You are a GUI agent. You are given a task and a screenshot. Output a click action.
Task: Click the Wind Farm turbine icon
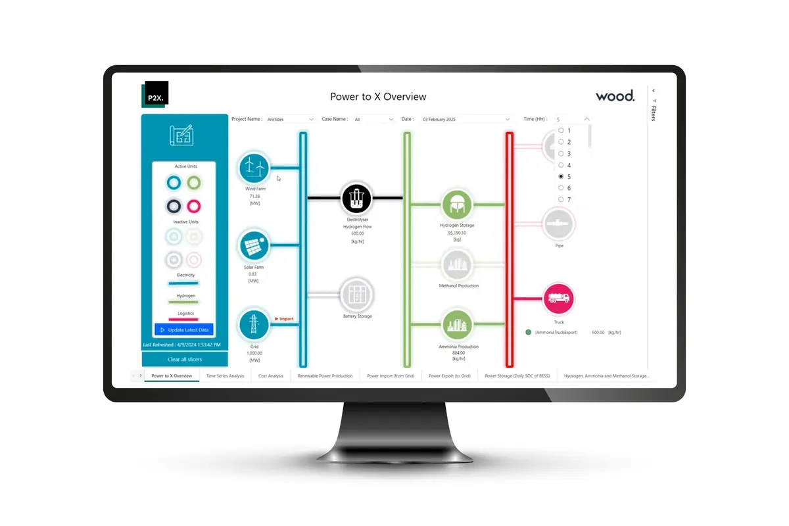(254, 168)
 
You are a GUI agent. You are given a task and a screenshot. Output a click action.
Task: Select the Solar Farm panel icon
(254, 246)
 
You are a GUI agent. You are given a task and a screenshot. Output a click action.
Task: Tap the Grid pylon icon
(254, 325)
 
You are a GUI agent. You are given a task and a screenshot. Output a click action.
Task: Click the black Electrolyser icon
(357, 197)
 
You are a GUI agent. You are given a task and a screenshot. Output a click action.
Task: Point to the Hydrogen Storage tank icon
(457, 204)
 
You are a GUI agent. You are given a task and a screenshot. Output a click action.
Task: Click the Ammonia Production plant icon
(457, 325)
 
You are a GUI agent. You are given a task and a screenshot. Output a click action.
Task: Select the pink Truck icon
(559, 299)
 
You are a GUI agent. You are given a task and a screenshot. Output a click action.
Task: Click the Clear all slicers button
(185, 360)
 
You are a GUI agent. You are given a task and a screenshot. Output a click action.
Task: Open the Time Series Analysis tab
(225, 376)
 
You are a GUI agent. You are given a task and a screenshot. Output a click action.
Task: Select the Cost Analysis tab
(271, 376)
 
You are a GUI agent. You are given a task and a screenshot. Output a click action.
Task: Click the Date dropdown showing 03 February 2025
(466, 119)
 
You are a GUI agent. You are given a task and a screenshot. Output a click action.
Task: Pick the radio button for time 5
(561, 177)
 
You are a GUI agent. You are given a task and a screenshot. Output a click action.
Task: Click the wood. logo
(615, 96)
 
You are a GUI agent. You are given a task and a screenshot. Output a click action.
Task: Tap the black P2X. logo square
(155, 94)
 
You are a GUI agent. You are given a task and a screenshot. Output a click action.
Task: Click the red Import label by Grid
(285, 319)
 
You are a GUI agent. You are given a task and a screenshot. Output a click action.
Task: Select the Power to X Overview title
(378, 97)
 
